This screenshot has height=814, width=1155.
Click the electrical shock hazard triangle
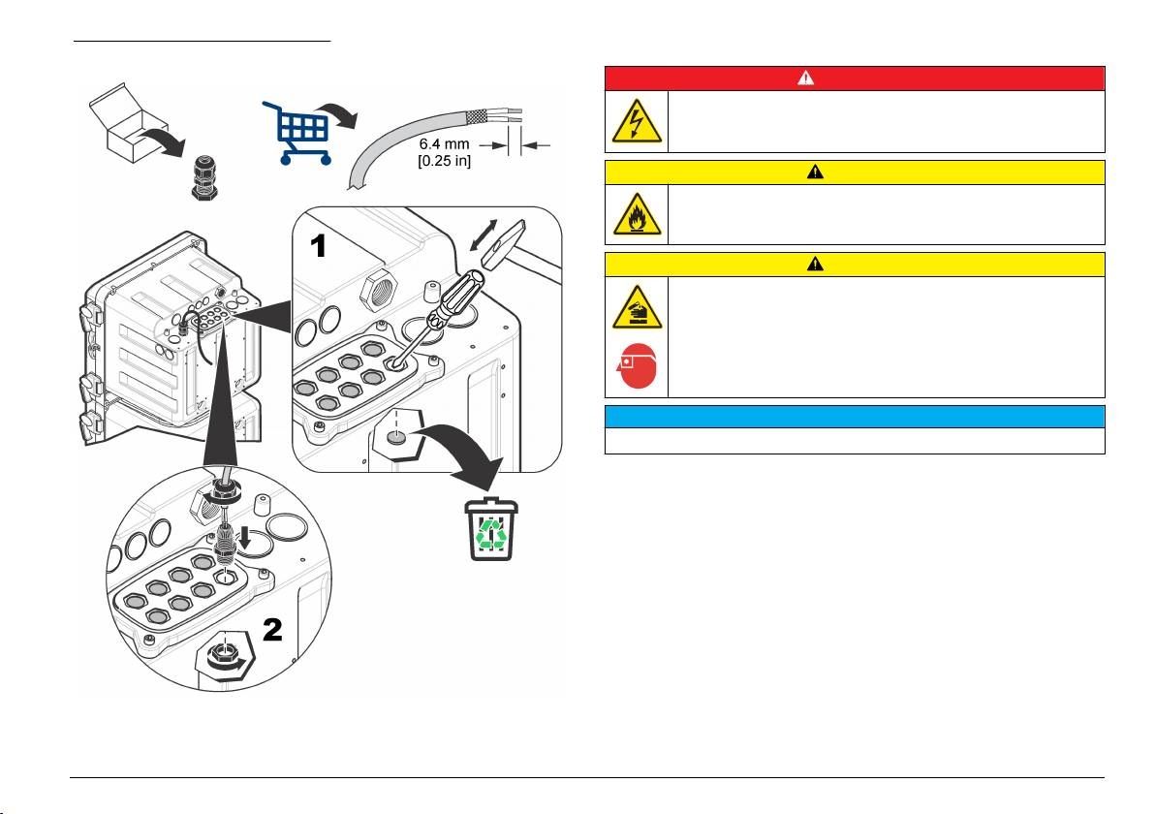[x=637, y=122]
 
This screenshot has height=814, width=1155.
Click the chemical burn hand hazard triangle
[x=637, y=307]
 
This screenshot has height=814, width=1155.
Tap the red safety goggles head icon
[x=637, y=370]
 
